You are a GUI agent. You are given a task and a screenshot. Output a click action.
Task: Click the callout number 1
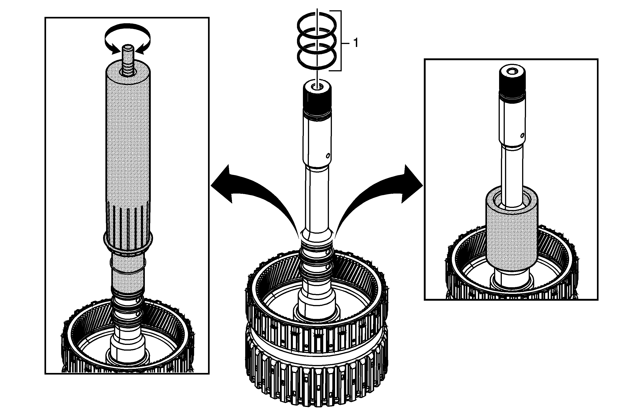coord(356,43)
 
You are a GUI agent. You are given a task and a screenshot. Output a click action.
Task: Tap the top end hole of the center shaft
coord(317,86)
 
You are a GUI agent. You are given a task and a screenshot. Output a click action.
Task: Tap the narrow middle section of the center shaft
coord(317,198)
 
